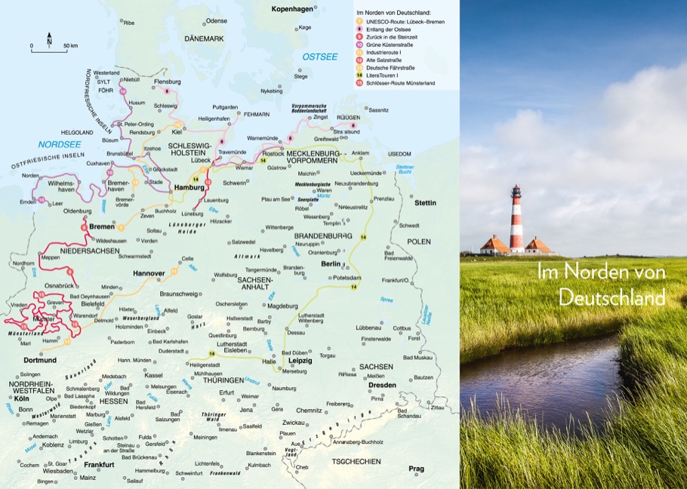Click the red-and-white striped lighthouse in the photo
coord(516,218)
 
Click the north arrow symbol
coord(49,37)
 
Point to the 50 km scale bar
coord(49,46)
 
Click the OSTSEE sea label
coord(319,57)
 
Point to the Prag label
coord(416,469)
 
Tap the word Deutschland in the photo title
coord(612,297)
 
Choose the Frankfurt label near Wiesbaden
coord(98,464)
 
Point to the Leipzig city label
coord(300,361)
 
